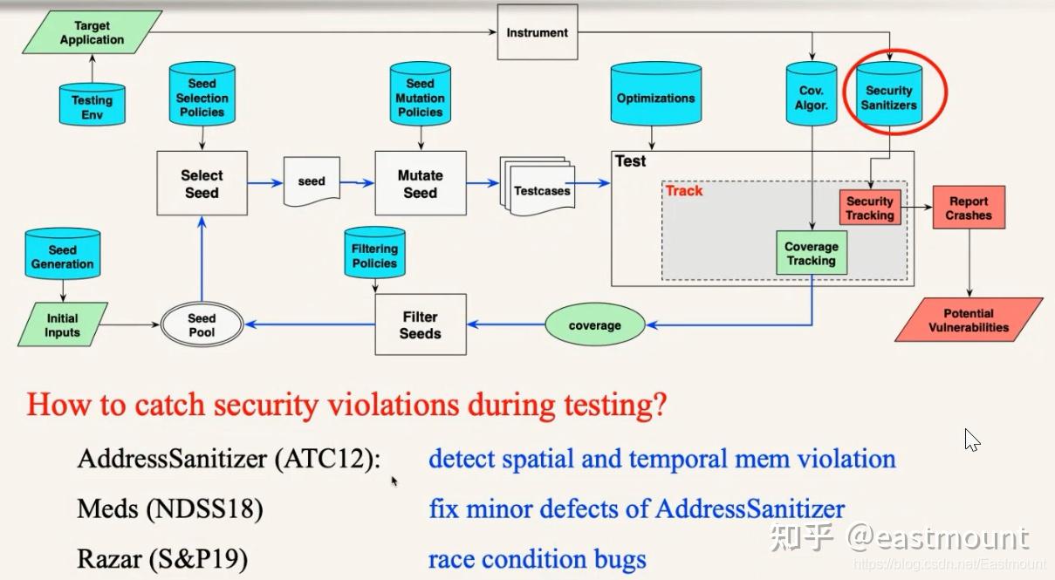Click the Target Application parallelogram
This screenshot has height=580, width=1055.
(x=92, y=33)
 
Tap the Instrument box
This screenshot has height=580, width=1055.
(x=537, y=33)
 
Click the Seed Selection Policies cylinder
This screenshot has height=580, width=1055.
(x=202, y=98)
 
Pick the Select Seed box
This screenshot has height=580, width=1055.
(x=202, y=184)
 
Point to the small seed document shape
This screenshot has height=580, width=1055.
(x=312, y=181)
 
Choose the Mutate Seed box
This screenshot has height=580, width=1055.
(x=420, y=184)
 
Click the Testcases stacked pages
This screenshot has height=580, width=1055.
(x=540, y=188)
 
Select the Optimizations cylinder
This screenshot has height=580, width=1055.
(x=655, y=98)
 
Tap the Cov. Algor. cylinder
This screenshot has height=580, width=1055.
(x=812, y=98)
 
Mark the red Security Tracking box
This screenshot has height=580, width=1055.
(x=869, y=208)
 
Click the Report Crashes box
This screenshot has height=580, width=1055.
(x=969, y=208)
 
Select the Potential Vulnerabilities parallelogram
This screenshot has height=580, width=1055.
(x=969, y=320)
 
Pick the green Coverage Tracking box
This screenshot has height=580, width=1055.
(x=812, y=253)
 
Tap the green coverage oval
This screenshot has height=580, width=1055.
(x=594, y=325)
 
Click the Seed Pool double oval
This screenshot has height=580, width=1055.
(x=202, y=325)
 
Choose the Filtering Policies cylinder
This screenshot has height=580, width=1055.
(x=374, y=255)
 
